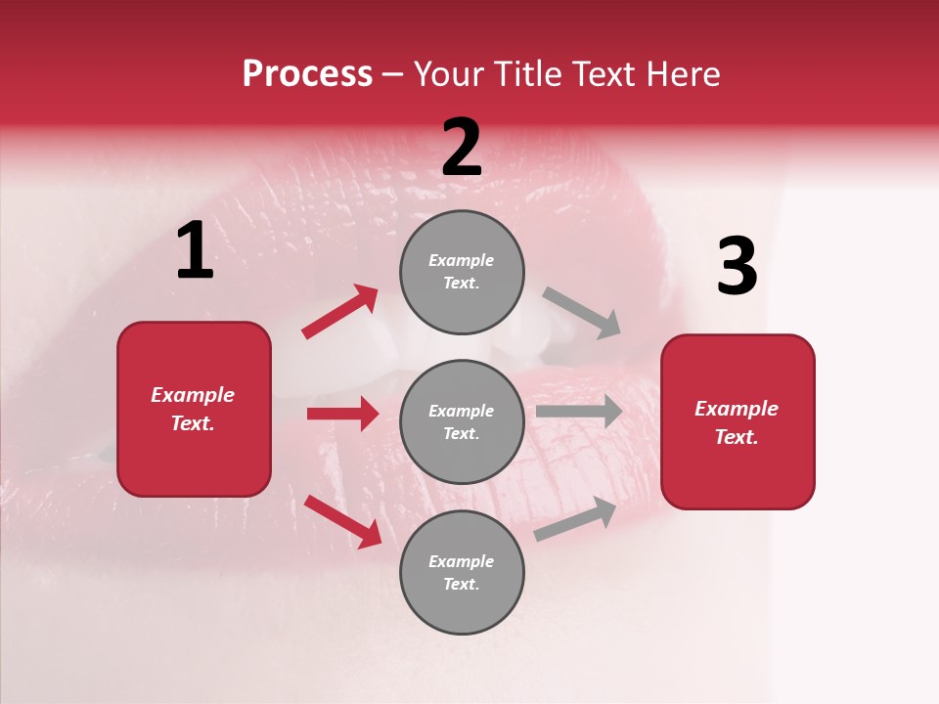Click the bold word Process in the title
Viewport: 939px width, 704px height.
307,74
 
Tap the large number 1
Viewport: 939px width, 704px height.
195,251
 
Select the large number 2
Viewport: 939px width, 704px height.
462,148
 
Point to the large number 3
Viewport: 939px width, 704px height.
737,267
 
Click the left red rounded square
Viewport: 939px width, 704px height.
194,409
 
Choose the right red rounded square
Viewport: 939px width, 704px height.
738,421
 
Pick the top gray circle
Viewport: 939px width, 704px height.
462,272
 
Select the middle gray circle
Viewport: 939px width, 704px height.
462,421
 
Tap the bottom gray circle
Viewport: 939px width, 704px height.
462,572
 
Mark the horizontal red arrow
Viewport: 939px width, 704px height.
342,414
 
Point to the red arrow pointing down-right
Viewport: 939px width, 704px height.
342,521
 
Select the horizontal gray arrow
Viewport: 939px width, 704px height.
578,412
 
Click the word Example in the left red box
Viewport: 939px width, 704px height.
193,395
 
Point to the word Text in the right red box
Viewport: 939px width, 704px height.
735,437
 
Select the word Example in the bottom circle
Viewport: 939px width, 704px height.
461,561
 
